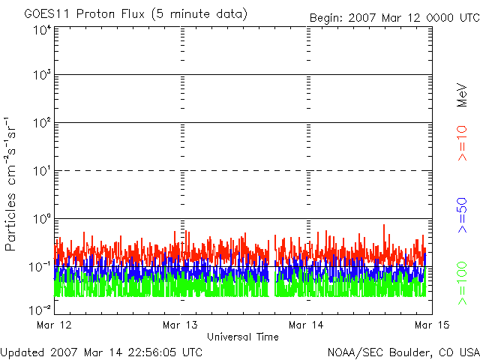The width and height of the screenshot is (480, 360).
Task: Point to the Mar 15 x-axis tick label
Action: click(x=431, y=325)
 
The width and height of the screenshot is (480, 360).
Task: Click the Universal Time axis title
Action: click(x=242, y=337)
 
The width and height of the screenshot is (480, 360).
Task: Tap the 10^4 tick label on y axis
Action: click(x=42, y=30)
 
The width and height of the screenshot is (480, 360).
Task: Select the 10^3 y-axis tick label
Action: click(x=42, y=76)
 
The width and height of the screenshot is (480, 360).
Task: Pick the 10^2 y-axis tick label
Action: click(x=42, y=124)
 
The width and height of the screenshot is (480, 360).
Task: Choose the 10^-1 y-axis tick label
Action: click(x=41, y=267)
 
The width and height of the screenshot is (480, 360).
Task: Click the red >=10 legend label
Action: click(x=462, y=142)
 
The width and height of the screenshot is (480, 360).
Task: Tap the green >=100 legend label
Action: click(x=462, y=283)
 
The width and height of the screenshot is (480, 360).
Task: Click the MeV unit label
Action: click(x=462, y=94)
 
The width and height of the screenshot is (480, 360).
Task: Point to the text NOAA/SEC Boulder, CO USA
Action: click(x=403, y=352)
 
